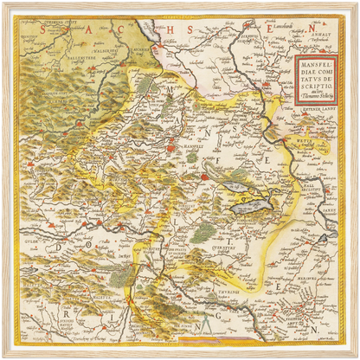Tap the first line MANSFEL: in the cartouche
tap(314, 63)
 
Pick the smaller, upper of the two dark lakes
tap(235, 183)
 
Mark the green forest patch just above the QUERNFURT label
tap(199, 231)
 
